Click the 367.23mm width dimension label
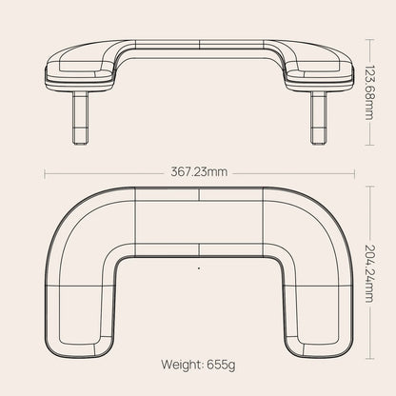click(x=198, y=172)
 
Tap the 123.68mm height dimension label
click(x=370, y=91)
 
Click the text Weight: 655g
click(x=198, y=363)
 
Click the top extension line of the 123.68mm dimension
click(x=370, y=40)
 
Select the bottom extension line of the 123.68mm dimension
click(x=370, y=144)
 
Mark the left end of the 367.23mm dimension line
click(x=46, y=172)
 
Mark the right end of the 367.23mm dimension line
click(x=351, y=172)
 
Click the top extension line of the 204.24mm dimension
click(x=370, y=187)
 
